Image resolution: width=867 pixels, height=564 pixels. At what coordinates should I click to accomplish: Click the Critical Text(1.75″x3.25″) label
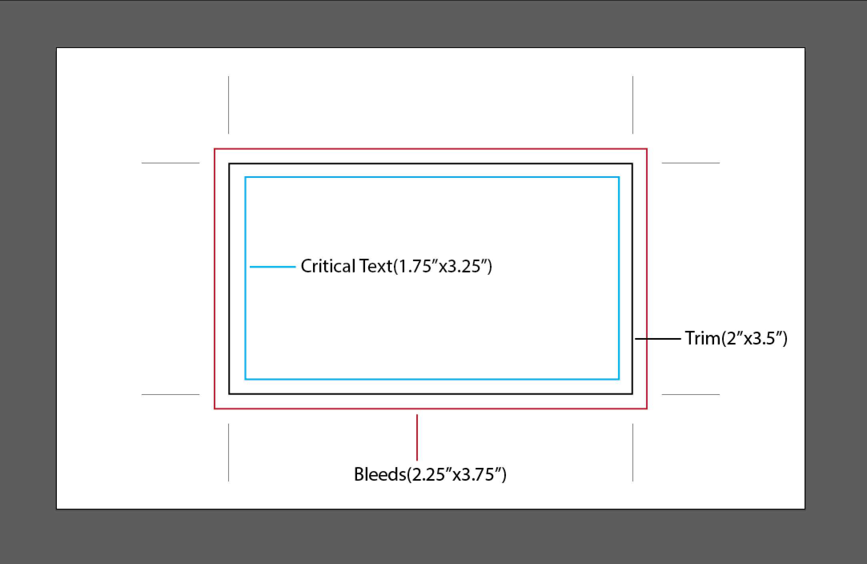[396, 266]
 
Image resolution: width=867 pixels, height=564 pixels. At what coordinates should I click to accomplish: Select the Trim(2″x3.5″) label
[736, 338]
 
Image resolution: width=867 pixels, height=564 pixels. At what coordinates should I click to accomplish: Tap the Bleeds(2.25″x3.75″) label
[430, 474]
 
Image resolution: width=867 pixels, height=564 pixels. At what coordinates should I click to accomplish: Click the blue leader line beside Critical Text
[273, 267]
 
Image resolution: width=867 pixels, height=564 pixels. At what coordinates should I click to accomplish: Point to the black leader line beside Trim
[658, 339]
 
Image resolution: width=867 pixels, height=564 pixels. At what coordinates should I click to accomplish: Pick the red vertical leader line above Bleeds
[417, 437]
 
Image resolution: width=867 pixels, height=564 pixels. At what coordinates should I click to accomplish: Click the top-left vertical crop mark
[229, 105]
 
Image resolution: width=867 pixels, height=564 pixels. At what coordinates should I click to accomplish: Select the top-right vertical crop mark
[633, 105]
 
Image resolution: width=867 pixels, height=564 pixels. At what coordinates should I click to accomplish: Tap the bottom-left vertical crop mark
[229, 453]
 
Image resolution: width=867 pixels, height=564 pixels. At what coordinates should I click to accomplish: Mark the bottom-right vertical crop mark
[633, 453]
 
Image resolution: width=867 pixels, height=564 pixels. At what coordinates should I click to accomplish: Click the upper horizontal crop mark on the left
[171, 163]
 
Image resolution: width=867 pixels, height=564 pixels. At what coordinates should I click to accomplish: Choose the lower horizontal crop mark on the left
[171, 395]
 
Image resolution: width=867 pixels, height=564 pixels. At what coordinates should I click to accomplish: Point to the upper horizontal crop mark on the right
[691, 163]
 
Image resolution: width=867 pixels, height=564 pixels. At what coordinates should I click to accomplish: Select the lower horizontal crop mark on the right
[691, 395]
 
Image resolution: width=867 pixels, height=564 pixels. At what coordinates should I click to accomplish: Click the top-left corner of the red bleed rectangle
[215, 149]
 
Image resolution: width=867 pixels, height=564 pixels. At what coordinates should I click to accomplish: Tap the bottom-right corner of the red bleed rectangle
[647, 409]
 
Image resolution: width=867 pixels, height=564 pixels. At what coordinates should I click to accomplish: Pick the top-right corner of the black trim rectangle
[632, 163]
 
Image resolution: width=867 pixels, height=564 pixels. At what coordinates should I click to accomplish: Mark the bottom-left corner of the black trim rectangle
[229, 394]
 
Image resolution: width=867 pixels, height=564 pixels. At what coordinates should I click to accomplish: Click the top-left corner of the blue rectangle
[245, 177]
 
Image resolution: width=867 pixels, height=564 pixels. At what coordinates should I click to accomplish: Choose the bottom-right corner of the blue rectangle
[619, 379]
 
